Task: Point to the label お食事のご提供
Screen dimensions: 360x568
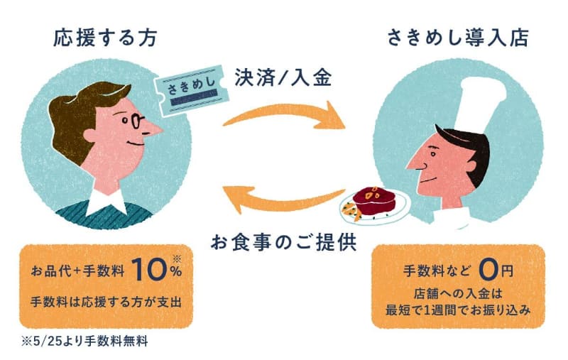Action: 283,241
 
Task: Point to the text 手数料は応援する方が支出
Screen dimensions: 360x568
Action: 106,301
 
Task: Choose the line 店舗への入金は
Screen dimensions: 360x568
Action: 457,293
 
